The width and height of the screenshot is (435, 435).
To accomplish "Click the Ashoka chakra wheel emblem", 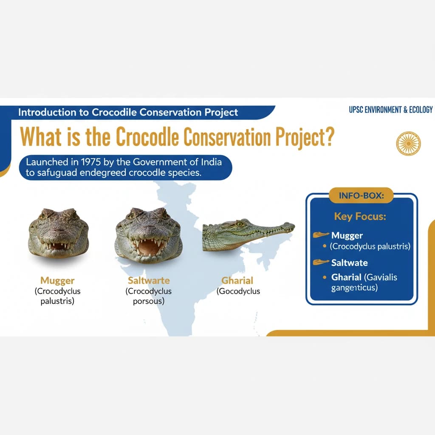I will pyautogui.click(x=408, y=143).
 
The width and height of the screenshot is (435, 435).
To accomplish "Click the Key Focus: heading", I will pyautogui.click(x=360, y=216).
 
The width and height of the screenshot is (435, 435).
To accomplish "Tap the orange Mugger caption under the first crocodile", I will pyautogui.click(x=57, y=280).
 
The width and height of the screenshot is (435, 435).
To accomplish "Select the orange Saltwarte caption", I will pyautogui.click(x=148, y=280).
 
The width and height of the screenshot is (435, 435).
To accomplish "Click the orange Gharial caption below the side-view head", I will pyautogui.click(x=237, y=280).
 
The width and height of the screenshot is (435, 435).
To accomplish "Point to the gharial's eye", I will pyautogui.click(x=240, y=224).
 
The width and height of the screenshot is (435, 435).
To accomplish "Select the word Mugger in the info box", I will pyautogui.click(x=347, y=235).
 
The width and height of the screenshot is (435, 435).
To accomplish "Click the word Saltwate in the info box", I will pyautogui.click(x=349, y=263).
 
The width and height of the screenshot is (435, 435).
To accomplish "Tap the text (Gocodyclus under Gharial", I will pyautogui.click(x=238, y=291).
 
